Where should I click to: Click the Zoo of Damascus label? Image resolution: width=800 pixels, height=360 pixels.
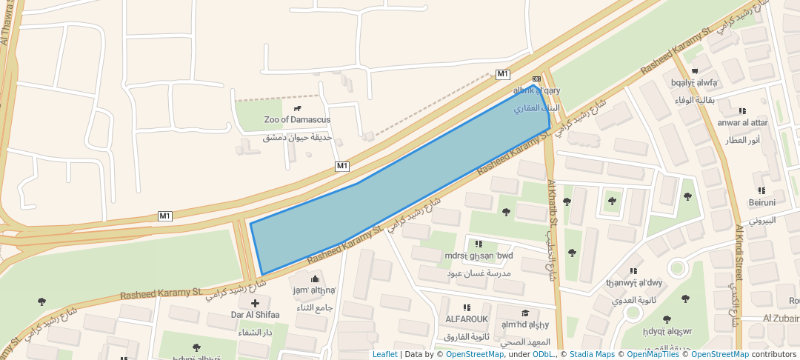pos(297,119)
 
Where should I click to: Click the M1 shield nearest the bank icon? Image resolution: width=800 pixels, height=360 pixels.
pos(503,74)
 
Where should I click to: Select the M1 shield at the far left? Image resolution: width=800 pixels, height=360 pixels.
pos(164,216)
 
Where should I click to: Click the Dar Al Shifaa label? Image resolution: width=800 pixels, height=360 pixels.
pos(255,314)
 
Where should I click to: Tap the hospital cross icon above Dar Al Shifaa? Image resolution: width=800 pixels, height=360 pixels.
pos(256,303)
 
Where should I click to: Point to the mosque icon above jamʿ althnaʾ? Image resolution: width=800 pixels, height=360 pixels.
pos(314,279)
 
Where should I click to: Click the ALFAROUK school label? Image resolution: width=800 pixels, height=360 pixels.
pos(466,319)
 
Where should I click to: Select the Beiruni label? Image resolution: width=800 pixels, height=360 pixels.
pos(761,202)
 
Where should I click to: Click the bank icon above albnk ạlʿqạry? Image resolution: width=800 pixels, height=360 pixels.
pos(536,79)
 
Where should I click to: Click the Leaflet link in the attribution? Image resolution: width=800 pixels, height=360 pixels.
pos(384,354)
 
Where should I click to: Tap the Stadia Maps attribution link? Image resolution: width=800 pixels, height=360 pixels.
pos(592,354)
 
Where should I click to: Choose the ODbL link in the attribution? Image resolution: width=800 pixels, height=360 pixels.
pos(543,354)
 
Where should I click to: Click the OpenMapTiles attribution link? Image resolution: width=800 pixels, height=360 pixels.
pos(648,354)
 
